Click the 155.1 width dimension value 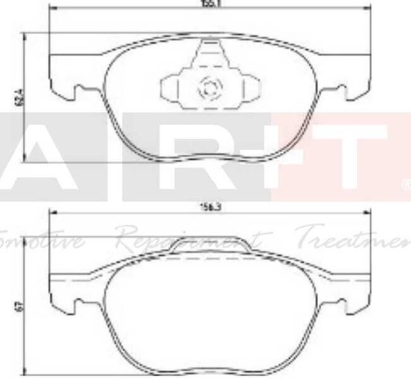(208, 3)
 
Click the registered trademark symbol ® (405, 185)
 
